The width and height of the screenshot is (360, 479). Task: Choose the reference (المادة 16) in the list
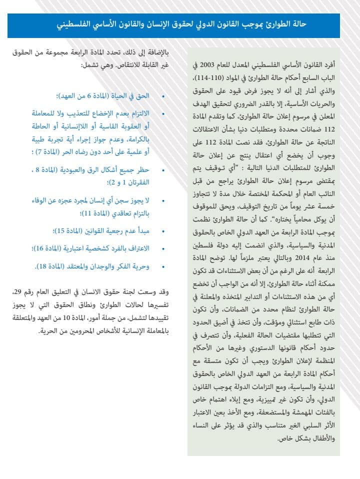pyautogui.click(x=59, y=249)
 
